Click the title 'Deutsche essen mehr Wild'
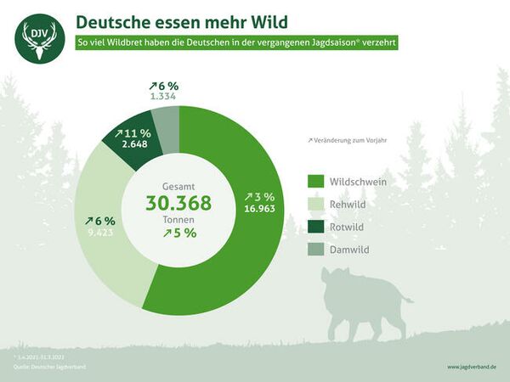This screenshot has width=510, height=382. pyautogui.click(x=181, y=20)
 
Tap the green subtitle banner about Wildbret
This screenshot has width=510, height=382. pyautogui.click(x=236, y=42)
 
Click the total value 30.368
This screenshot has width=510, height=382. pyautogui.click(x=178, y=204)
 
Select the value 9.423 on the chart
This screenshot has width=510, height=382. pyautogui.click(x=99, y=233)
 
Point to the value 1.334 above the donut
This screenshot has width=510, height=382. pyautogui.click(x=163, y=97)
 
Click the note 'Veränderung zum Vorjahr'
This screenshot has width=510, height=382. pyautogui.click(x=348, y=140)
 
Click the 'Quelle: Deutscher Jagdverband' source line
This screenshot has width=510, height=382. pyautogui.click(x=49, y=367)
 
